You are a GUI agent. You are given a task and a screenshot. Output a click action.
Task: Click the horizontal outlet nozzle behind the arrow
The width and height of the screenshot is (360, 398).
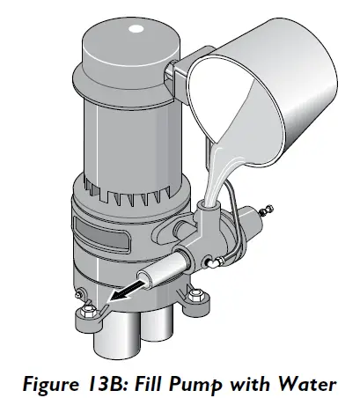163,274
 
